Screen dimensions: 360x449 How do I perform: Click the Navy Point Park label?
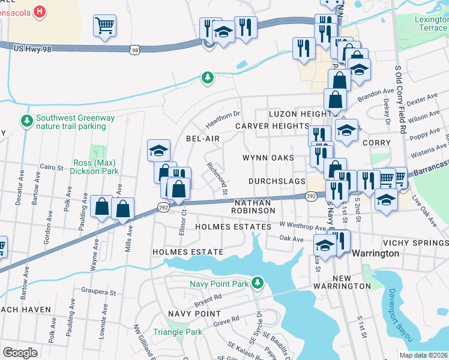pos(219,283)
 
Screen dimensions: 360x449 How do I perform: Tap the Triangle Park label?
pos(177,332)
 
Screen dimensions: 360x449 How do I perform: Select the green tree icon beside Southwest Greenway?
pos(26,122)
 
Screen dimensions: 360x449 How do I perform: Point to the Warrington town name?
pos(375,253)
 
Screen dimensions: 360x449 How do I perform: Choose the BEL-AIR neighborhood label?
pos(202,139)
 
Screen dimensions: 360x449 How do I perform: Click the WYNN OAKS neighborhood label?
pos(268,158)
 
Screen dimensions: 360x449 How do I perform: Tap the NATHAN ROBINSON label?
pos(255,207)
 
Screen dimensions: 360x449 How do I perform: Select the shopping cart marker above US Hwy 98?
pos(104,26)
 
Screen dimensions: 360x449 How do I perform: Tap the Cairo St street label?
pos(52,167)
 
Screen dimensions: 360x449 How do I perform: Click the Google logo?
pos(20,352)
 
